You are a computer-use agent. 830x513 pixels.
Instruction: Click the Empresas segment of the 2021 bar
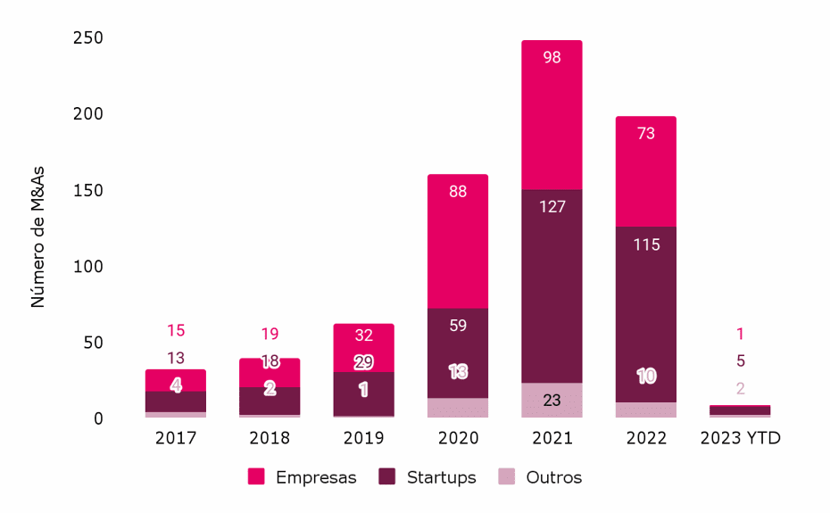[x=552, y=116]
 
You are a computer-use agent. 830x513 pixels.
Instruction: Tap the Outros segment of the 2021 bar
[x=552, y=401]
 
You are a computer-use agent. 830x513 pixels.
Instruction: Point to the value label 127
[x=552, y=207]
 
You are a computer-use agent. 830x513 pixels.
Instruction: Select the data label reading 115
[x=645, y=244]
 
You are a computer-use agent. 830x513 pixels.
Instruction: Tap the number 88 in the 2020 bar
[x=458, y=192]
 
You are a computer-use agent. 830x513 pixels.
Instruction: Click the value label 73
[x=645, y=134]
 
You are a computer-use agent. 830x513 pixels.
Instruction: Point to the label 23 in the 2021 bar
[x=552, y=401]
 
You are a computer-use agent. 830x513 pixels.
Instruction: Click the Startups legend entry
[x=428, y=477]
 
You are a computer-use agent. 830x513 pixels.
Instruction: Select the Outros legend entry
[x=541, y=477]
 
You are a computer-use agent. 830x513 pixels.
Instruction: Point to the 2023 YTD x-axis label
[x=740, y=439]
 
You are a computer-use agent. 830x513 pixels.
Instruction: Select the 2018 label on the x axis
[x=270, y=439]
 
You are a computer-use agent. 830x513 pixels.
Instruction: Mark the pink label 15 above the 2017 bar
[x=176, y=331]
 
